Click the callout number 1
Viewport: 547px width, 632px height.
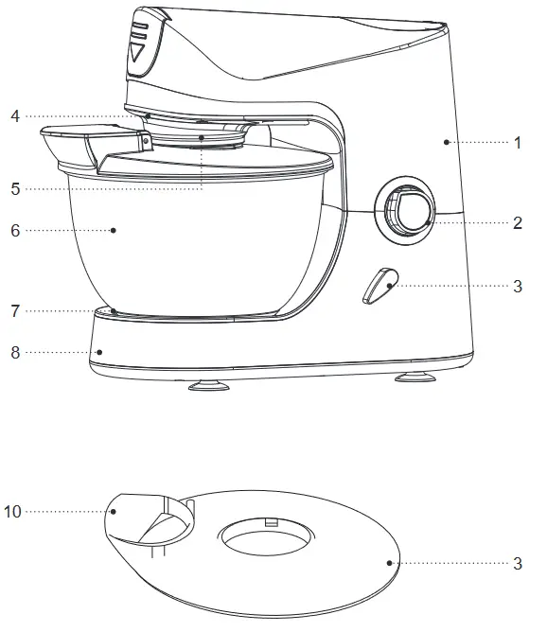[518, 142]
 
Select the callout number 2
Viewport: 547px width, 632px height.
[518, 223]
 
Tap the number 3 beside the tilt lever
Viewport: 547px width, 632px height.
[518, 285]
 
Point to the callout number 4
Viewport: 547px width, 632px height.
[15, 117]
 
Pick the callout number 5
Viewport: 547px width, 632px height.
[15, 188]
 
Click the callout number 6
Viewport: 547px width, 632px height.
[15, 230]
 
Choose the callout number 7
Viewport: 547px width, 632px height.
[15, 309]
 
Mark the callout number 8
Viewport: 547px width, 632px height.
[15, 353]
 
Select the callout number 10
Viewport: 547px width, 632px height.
[12, 511]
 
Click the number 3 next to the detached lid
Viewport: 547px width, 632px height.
[518, 563]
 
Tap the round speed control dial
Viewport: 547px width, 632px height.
[409, 209]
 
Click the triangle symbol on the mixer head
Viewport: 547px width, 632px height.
[139, 52]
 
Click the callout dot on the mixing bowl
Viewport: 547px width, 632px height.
[114, 229]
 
